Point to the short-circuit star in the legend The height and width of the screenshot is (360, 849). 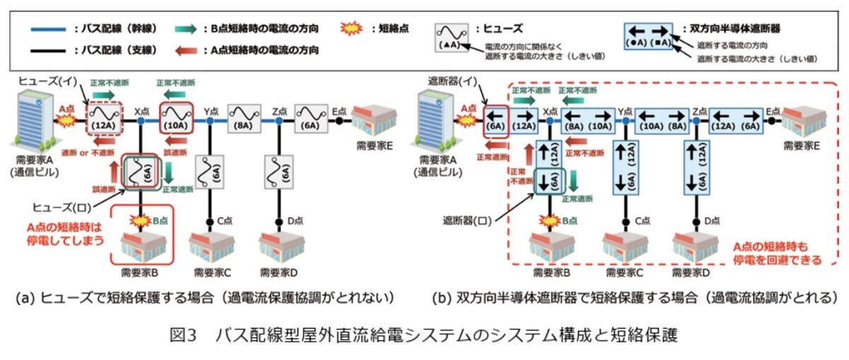352,29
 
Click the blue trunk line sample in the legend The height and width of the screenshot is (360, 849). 49,29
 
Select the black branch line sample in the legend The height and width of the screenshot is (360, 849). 49,50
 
